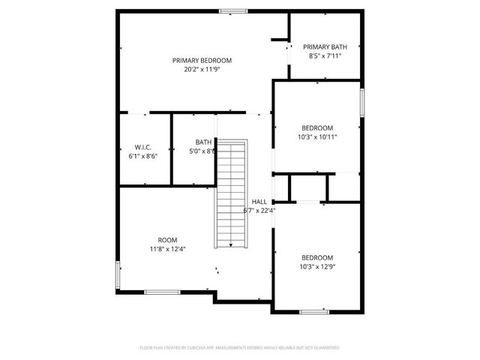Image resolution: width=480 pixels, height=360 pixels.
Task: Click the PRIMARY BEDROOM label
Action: coord(202,60)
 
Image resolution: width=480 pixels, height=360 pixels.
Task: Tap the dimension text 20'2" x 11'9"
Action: coord(202,69)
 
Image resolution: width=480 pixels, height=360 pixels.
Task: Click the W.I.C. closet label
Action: coord(143,146)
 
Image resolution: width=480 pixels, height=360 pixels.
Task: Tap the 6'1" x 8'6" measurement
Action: coord(143,155)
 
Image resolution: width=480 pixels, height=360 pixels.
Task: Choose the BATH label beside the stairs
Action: coord(203,142)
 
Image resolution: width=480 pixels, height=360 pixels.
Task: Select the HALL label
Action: coord(259,202)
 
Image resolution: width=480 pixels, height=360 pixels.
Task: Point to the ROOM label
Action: coord(167,240)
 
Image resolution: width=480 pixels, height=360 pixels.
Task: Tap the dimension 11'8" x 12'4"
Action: coord(167,249)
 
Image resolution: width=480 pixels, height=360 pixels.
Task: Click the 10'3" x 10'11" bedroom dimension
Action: coord(317,136)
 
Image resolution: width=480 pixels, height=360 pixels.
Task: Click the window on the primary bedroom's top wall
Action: coord(233,11)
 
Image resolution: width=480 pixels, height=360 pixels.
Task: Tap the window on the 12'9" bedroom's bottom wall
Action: coord(313,311)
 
